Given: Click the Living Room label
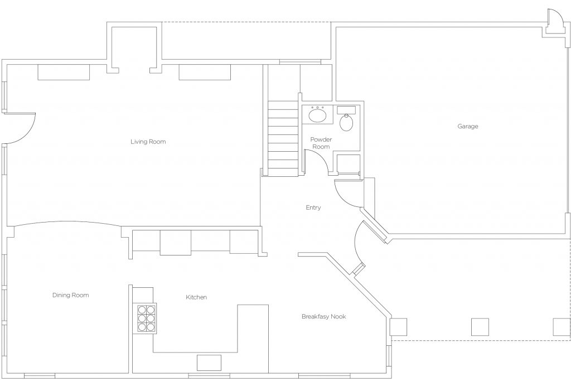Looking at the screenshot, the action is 148,142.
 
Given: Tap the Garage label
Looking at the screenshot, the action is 468,127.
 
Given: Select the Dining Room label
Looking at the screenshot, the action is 70,295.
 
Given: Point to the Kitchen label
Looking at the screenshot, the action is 196,297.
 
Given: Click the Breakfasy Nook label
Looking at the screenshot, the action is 323,316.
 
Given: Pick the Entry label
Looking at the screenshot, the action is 313,208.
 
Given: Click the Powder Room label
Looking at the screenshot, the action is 321,143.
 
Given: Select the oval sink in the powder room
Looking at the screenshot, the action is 317,116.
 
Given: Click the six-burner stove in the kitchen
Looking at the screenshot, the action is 147,318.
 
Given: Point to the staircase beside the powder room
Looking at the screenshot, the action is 283,139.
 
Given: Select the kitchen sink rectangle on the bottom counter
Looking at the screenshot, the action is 209,363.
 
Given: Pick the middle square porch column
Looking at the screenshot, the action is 480,327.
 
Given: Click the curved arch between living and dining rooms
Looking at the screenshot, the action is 67,223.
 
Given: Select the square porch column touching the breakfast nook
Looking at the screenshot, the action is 398,327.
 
